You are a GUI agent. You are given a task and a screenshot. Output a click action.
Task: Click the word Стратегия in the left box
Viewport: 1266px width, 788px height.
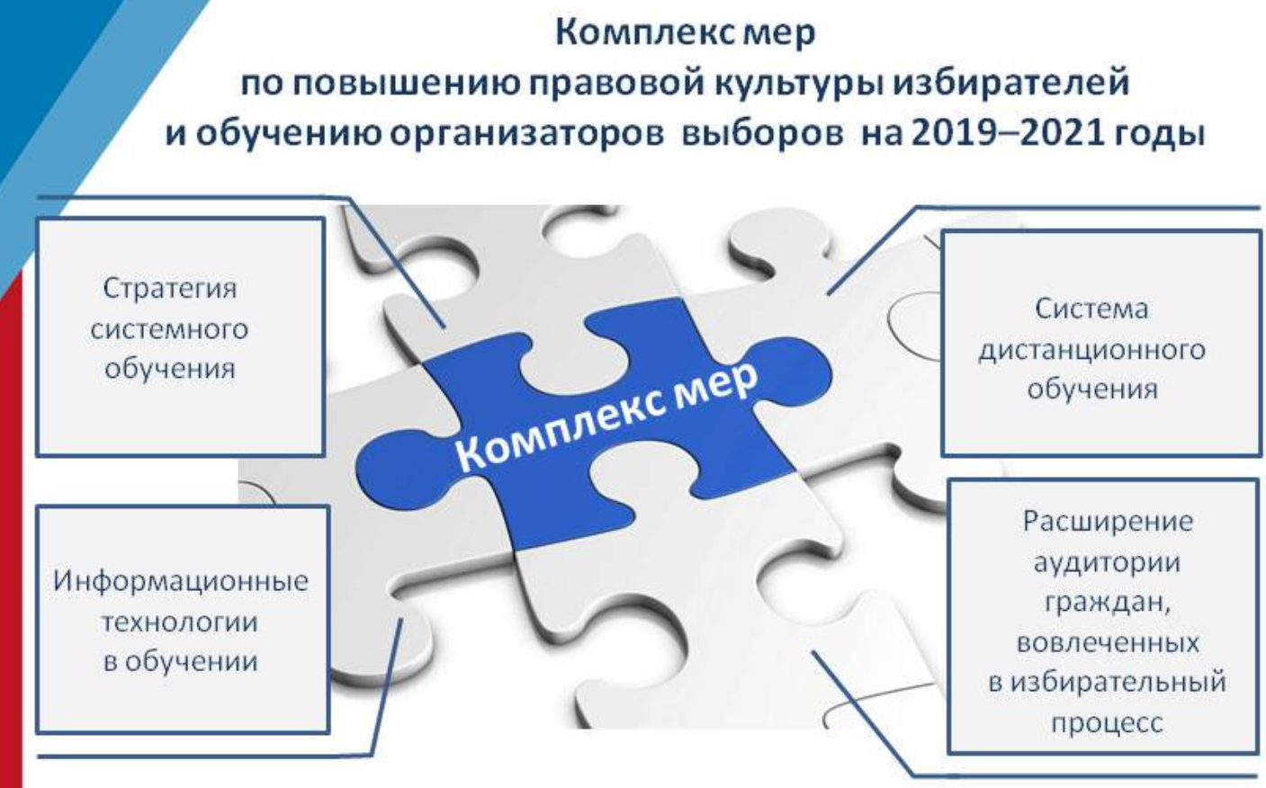point(169,289)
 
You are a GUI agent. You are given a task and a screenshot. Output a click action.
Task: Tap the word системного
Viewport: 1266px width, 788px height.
point(169,329)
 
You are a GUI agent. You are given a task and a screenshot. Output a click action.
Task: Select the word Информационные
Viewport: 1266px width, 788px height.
point(181,581)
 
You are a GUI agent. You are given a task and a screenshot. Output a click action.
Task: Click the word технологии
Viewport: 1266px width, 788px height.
point(180,622)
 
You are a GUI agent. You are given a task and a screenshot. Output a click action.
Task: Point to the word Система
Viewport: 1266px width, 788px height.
point(1092,309)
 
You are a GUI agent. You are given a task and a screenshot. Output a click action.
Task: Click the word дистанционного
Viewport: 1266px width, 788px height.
point(1092,350)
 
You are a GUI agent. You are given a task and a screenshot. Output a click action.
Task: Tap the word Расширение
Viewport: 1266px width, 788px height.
point(1108,522)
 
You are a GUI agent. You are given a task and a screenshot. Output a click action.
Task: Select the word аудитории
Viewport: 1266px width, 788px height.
point(1107,562)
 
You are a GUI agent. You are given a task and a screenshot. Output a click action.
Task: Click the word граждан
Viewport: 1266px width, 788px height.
point(1107,602)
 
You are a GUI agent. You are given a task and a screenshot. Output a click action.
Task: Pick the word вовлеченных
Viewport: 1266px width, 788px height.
point(1108,643)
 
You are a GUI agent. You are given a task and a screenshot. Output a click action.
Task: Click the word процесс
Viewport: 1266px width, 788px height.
point(1107,723)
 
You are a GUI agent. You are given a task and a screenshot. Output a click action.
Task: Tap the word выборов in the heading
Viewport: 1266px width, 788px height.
point(762,134)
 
